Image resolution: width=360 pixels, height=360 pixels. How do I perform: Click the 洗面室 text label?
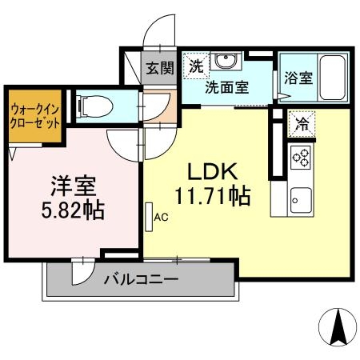(x=226, y=87)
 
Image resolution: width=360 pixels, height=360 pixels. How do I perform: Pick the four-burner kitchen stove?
(x=302, y=157)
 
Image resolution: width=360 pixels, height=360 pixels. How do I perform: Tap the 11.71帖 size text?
(x=212, y=194)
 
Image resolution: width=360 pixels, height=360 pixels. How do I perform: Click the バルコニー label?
(x=141, y=279)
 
